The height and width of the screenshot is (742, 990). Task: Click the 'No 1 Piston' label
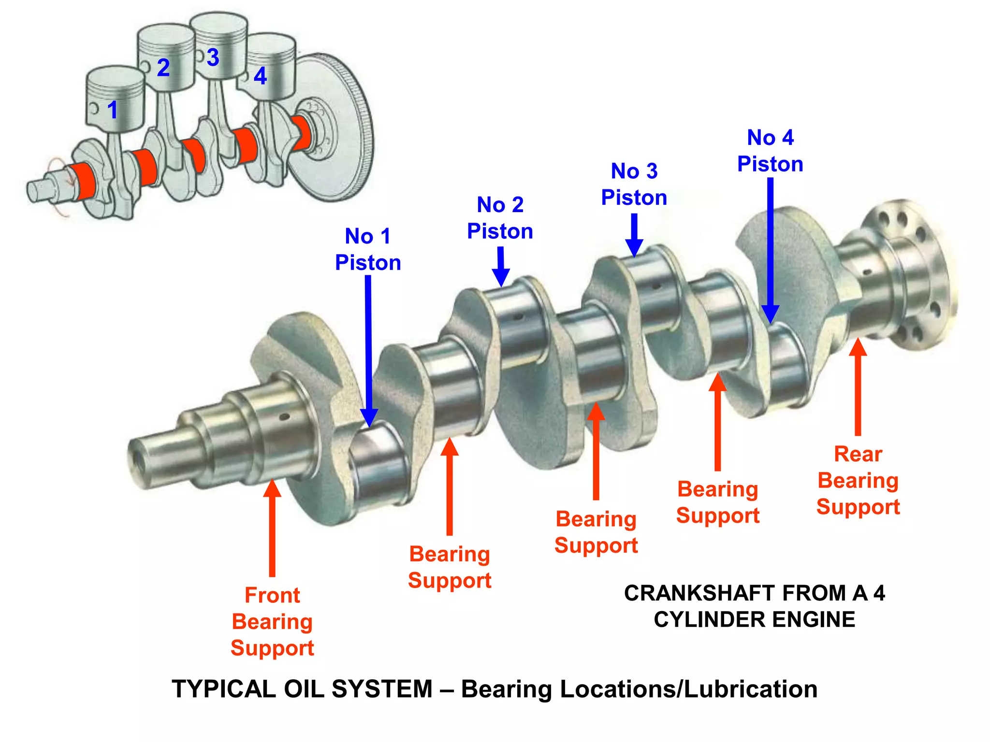coord(368,249)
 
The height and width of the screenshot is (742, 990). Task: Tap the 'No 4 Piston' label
coord(770,151)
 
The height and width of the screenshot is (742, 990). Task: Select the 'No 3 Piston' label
coord(634,184)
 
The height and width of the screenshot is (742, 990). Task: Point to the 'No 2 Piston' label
coord(500,218)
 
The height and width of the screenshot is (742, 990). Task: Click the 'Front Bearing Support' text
coord(272,621)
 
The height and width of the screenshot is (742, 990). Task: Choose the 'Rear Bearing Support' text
coord(858,480)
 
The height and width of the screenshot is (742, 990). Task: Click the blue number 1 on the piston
coord(113,110)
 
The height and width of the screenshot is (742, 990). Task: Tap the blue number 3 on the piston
coord(213,57)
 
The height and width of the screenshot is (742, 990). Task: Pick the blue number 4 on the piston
coord(260,75)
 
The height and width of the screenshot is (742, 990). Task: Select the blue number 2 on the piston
coord(163,67)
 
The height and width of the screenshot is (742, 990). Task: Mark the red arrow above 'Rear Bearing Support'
coord(858,386)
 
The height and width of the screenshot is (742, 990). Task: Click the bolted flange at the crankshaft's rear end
coord(909,275)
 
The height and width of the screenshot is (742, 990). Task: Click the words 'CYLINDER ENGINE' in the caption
coord(754,619)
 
